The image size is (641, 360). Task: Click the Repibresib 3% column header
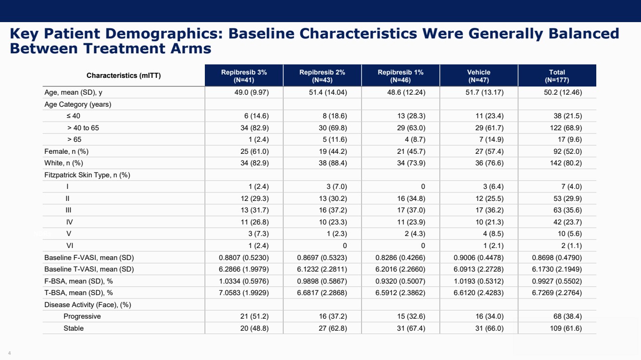pyautogui.click(x=244, y=76)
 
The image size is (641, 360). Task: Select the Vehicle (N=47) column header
pyautogui.click(x=479, y=76)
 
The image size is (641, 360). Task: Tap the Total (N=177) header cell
pyautogui.click(x=557, y=76)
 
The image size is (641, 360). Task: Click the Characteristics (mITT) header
pyautogui.click(x=124, y=75)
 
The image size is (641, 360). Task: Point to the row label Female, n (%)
pyautogui.click(x=66, y=151)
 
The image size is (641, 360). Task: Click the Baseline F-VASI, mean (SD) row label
pyautogui.click(x=89, y=258)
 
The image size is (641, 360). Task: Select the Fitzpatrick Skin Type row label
pyautogui.click(x=88, y=175)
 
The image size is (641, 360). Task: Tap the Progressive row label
pyautogui.click(x=82, y=316)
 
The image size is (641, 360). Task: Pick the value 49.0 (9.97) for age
pyautogui.click(x=251, y=92)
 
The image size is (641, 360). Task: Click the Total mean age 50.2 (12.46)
pyautogui.click(x=563, y=92)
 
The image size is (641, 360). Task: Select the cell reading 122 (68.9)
pyautogui.click(x=566, y=128)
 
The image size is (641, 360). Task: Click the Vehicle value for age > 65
pyautogui.click(x=491, y=139)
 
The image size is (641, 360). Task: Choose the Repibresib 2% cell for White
pyautogui.click(x=333, y=163)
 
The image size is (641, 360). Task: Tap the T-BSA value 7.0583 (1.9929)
pyautogui.click(x=244, y=293)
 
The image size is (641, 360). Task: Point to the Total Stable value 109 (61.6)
pyautogui.click(x=566, y=328)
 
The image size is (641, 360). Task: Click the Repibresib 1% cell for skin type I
pyautogui.click(x=423, y=186)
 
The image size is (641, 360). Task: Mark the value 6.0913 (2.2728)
pyautogui.click(x=478, y=269)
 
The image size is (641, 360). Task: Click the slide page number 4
pyautogui.click(x=10, y=353)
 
